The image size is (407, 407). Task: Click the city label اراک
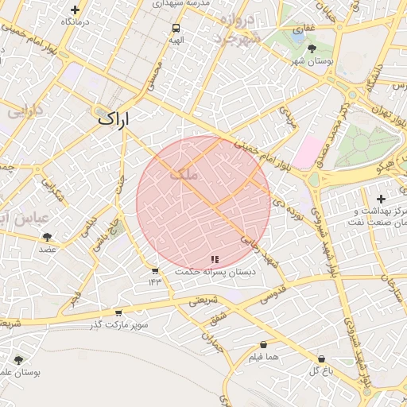coord(113,118)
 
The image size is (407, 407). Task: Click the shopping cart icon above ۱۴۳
coord(154,271)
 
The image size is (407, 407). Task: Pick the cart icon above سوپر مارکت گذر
coord(118,312)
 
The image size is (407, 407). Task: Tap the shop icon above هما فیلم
coord(263,345)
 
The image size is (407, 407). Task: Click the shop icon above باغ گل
coord(321,359)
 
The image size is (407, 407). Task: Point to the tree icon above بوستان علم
coord(19,359)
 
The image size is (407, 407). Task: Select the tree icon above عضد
coord(48,237)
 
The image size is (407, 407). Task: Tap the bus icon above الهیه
coord(176,28)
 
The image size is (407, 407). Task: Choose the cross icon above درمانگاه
coord(76,10)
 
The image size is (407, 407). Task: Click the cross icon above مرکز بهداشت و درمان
coord(381,199)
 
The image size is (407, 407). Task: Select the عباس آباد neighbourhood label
coord(24,217)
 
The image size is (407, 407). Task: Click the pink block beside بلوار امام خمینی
coord(308,151)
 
